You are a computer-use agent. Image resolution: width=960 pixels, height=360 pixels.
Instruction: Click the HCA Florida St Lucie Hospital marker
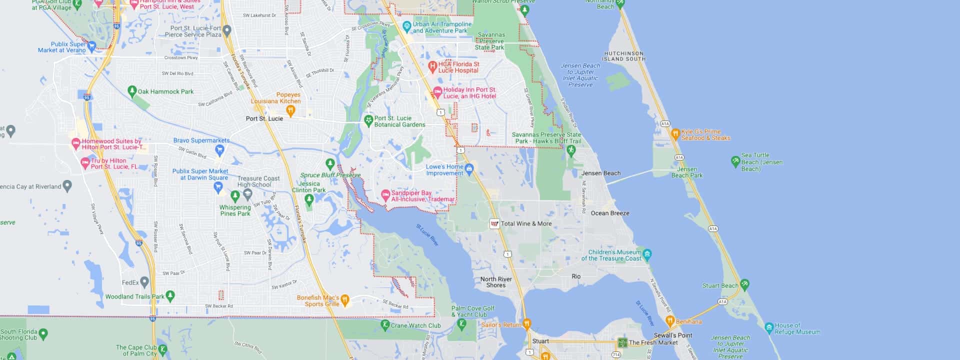(433, 65)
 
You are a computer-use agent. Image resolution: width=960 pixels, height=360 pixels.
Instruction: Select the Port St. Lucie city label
(264, 118)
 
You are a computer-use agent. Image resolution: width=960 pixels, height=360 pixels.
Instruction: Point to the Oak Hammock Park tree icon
(132, 91)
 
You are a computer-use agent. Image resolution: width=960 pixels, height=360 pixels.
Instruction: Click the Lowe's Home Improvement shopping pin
(469, 169)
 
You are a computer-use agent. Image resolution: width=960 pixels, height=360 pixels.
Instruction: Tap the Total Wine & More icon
(494, 224)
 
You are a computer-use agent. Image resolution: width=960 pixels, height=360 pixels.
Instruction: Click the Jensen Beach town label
(600, 173)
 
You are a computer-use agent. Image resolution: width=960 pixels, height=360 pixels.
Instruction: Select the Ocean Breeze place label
(610, 213)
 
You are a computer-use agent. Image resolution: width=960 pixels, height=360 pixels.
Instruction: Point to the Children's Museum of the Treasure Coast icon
(647, 254)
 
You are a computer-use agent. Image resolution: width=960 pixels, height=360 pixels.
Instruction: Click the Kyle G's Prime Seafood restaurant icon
(675, 134)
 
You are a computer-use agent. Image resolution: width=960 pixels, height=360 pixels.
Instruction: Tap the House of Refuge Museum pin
(769, 327)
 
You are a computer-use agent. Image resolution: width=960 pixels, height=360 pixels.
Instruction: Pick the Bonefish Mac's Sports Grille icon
(345, 300)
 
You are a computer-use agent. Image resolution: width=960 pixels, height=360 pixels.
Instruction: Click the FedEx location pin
(144, 282)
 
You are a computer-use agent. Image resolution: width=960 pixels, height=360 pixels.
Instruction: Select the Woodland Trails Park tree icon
(170, 296)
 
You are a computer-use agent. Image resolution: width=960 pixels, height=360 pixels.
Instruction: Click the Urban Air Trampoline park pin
(406, 25)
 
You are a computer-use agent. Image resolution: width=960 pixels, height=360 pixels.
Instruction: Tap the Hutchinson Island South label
(624, 56)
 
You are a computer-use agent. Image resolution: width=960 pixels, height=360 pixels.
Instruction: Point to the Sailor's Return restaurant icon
(526, 324)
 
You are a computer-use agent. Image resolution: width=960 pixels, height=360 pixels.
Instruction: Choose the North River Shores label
(495, 282)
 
